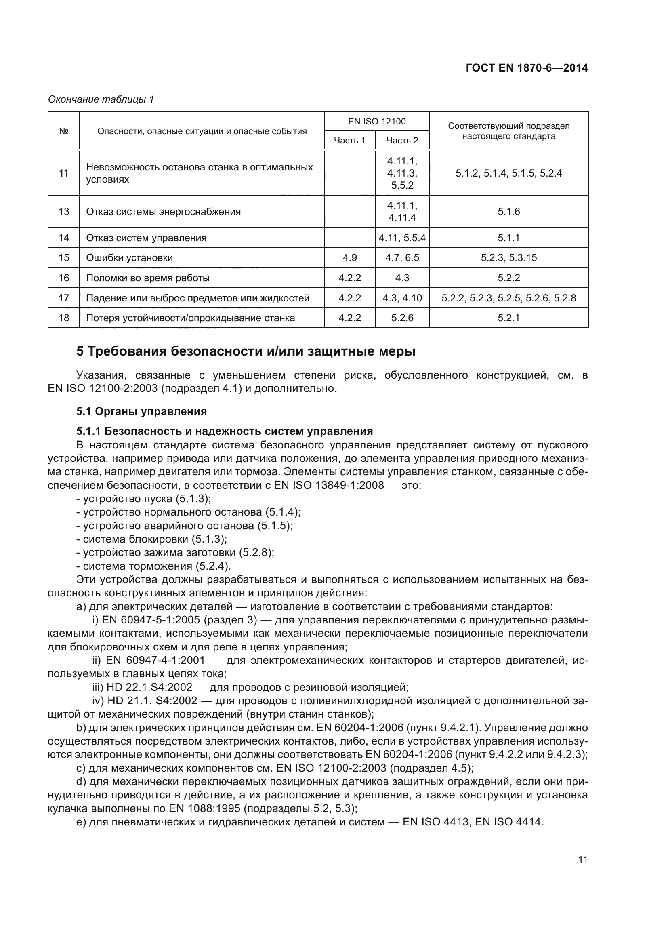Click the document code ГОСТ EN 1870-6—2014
[x=527, y=68]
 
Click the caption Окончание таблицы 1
[x=101, y=100]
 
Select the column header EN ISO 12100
[x=376, y=122]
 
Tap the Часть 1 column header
[x=350, y=140]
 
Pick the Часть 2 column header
[x=402, y=140]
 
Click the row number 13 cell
[x=64, y=212]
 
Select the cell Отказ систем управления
[x=146, y=238]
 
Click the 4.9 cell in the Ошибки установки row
[x=350, y=258]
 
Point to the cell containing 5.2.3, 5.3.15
[x=508, y=258]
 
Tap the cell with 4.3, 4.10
[x=402, y=298]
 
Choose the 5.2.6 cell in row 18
[x=402, y=318]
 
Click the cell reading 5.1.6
[x=508, y=212]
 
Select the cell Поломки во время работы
[x=148, y=278]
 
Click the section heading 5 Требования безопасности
[x=246, y=351]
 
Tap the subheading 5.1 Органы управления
[x=141, y=411]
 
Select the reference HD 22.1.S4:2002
[x=149, y=687]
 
